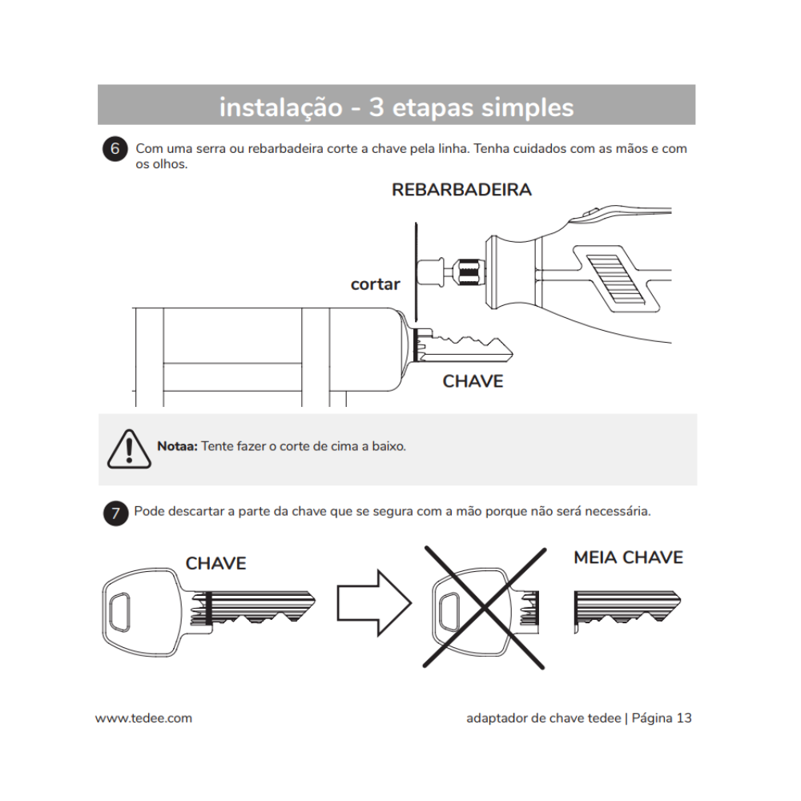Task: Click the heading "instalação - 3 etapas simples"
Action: click(396, 107)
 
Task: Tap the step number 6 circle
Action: click(115, 150)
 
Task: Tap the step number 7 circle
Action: click(115, 513)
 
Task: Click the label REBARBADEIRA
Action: click(461, 190)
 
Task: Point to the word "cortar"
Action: click(375, 284)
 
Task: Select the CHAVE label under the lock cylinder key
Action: click(473, 381)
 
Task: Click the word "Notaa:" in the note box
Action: click(177, 446)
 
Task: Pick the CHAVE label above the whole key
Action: click(215, 563)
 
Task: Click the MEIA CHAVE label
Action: click(628, 557)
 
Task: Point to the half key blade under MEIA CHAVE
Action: click(626, 608)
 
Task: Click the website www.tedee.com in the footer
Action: click(143, 718)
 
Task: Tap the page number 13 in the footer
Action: click(683, 718)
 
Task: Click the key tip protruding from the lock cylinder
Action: click(469, 346)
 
